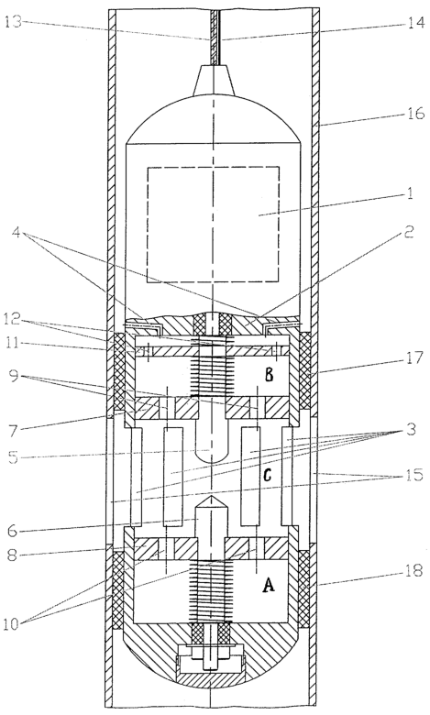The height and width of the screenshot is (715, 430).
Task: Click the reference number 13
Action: [x=14, y=21]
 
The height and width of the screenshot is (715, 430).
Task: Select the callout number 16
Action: [x=415, y=112]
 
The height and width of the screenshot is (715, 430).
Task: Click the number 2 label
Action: [x=409, y=233]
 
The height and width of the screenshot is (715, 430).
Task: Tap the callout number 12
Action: [x=13, y=320]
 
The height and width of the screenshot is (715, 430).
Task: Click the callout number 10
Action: [x=14, y=624]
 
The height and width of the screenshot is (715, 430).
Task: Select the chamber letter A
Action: [x=269, y=585]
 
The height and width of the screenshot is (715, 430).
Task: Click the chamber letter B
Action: [x=269, y=376]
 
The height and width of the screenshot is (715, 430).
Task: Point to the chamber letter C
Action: [x=268, y=475]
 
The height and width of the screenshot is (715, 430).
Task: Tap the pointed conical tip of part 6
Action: [x=210, y=497]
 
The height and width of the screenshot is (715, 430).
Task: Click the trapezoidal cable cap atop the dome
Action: [x=214, y=81]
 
